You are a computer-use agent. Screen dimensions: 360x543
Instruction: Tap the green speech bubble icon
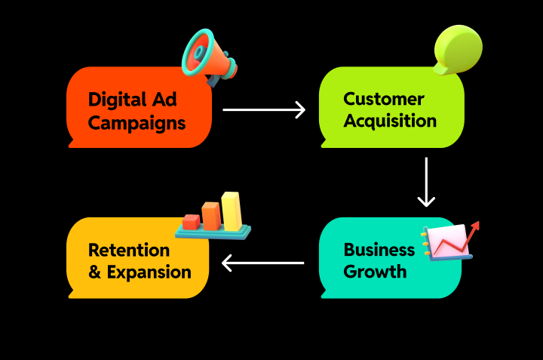pos(457,48)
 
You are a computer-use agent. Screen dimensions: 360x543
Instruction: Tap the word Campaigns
pos(137,122)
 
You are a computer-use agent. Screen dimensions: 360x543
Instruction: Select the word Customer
pos(383,99)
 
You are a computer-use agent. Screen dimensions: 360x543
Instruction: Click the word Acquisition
pos(390,121)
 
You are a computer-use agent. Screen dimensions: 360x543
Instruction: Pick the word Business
pos(379,250)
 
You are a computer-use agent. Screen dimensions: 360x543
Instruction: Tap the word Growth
pos(375,272)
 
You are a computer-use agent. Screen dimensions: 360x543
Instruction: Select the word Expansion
pos(149,272)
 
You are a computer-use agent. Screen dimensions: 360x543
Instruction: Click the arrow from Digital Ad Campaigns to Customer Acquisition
pos(264,110)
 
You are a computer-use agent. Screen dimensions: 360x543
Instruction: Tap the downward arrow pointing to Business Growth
pos(426,182)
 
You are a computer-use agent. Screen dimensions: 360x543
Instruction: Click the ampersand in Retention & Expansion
pos(95,272)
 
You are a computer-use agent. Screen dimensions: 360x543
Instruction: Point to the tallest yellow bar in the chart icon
pos(231,211)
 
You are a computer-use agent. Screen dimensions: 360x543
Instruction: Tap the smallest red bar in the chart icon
pos(191,222)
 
